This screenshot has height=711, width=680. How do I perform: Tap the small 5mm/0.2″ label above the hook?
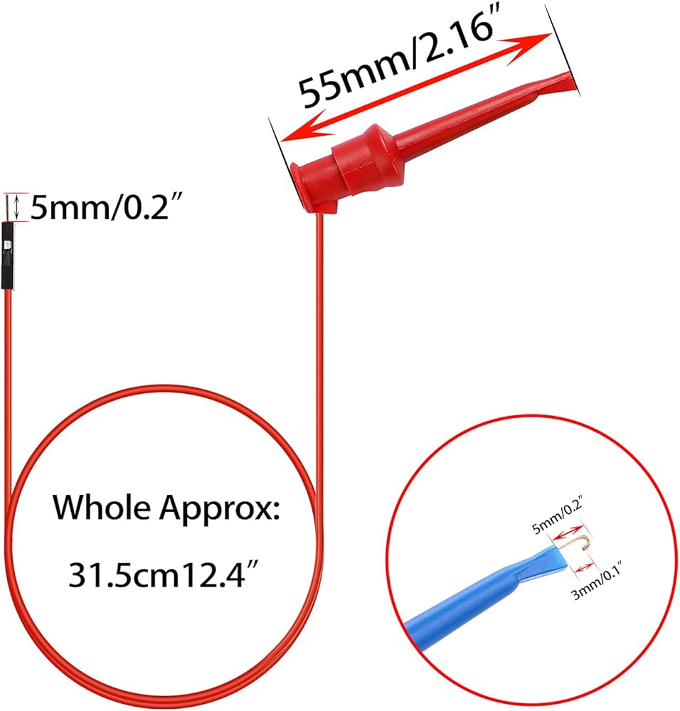tap(557, 510)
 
